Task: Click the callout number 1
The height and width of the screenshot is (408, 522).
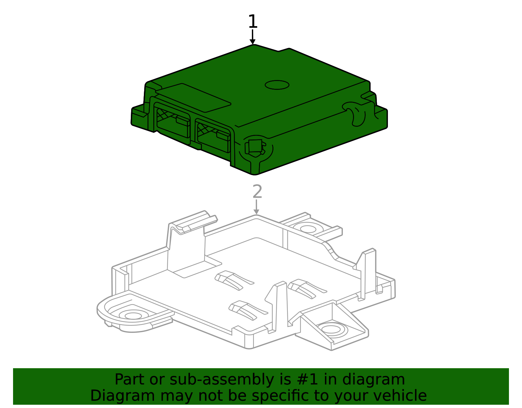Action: pyautogui.click(x=253, y=22)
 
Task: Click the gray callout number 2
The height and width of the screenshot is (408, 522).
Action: pyautogui.click(x=257, y=192)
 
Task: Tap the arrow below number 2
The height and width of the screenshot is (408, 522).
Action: pyautogui.click(x=256, y=207)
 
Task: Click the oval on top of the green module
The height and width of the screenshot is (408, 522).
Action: pyautogui.click(x=277, y=85)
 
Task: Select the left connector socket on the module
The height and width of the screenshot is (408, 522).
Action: pyautogui.click(x=173, y=123)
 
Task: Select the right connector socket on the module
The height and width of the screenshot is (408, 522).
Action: pyautogui.click(x=213, y=136)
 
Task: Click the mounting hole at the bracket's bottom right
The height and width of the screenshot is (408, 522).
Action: pyautogui.click(x=331, y=329)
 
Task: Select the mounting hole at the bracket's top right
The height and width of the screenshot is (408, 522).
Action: pyautogui.click(x=307, y=228)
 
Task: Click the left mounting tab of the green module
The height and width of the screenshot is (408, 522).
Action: pyautogui.click(x=140, y=116)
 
